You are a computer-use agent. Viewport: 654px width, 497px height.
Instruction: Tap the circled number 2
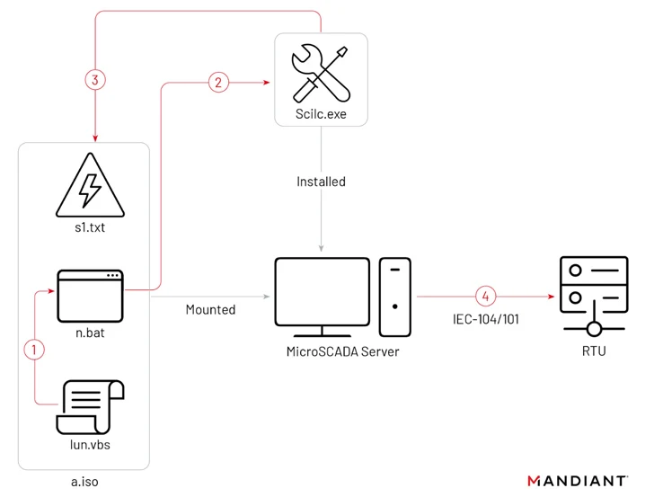[x=217, y=82]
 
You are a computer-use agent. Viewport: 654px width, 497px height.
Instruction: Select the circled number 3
[x=95, y=79]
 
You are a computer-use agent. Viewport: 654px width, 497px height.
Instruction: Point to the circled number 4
[x=486, y=296]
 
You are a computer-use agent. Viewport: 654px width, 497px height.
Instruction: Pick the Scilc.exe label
[x=321, y=115]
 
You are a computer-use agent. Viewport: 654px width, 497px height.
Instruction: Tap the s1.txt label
[x=90, y=229]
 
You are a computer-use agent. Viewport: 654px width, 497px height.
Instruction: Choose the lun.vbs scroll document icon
[x=90, y=407]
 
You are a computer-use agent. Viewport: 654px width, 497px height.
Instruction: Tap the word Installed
[x=321, y=182]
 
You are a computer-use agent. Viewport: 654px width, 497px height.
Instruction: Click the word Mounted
[x=210, y=310]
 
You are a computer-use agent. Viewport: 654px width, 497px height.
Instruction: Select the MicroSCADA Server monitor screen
[x=321, y=289]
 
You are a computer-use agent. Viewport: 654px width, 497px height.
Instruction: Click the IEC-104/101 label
[x=486, y=318]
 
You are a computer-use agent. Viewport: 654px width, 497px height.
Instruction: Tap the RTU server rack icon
[x=593, y=292]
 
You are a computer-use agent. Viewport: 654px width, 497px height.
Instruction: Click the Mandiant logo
[x=577, y=481]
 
